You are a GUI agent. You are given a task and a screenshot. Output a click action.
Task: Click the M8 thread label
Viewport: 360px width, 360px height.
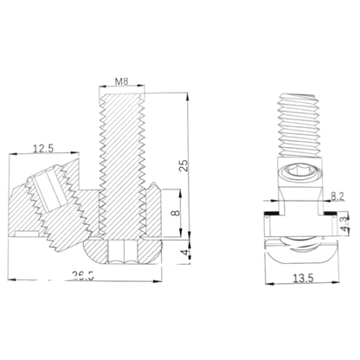[123, 82]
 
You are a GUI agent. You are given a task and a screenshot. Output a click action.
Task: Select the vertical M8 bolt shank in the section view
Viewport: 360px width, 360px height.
[123, 164]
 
